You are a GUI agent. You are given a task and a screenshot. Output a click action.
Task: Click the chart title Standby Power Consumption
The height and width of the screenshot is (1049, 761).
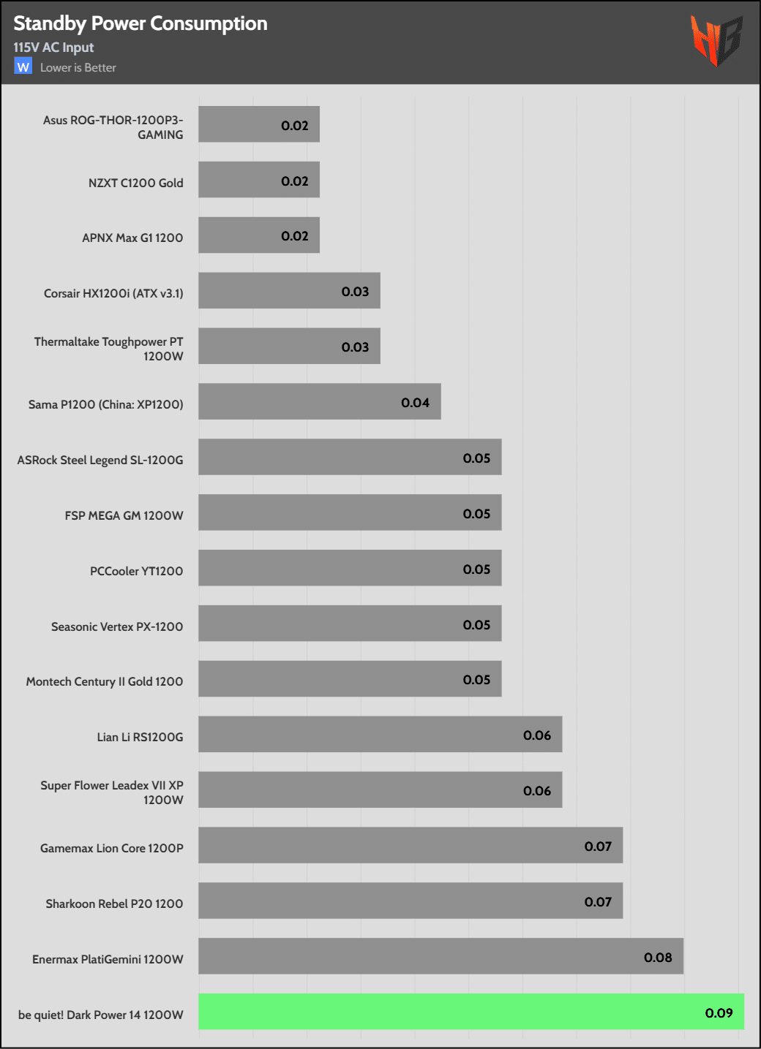pyautogui.click(x=140, y=23)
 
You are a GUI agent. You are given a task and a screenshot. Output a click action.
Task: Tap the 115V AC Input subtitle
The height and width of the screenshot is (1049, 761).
pyautogui.click(x=53, y=48)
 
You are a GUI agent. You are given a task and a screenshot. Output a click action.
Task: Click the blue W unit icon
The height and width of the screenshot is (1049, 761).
pyautogui.click(x=23, y=67)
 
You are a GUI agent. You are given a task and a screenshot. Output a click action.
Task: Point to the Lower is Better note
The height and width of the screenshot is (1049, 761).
pyautogui.click(x=78, y=67)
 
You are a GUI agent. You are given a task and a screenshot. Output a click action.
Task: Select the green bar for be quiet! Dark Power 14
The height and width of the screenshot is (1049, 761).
pyautogui.click(x=471, y=1012)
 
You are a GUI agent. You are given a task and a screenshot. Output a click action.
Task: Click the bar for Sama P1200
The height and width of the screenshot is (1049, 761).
pyautogui.click(x=319, y=401)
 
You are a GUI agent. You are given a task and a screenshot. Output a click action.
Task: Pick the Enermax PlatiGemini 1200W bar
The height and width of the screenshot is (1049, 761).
pyautogui.click(x=441, y=956)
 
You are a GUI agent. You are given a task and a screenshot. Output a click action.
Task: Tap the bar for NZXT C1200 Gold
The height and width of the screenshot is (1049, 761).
pyautogui.click(x=259, y=180)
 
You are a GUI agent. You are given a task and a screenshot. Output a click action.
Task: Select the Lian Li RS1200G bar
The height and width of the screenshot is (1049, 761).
pyautogui.click(x=380, y=734)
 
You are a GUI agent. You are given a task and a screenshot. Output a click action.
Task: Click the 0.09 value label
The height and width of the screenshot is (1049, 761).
pyautogui.click(x=719, y=1012)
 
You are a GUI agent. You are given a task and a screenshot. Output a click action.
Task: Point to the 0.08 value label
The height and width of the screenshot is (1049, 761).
pyautogui.click(x=658, y=957)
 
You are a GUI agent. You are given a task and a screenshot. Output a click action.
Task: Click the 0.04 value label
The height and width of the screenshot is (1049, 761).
pyautogui.click(x=415, y=402)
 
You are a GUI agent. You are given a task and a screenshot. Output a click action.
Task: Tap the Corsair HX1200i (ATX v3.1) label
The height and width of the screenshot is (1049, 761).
pyautogui.click(x=113, y=293)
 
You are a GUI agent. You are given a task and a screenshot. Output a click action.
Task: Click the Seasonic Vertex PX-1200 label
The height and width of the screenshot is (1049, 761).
pyautogui.click(x=117, y=626)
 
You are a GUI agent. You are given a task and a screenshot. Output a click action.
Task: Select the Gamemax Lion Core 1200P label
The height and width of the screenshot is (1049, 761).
pyautogui.click(x=112, y=848)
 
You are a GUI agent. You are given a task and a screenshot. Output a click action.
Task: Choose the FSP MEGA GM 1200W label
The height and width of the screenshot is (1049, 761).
pyautogui.click(x=124, y=515)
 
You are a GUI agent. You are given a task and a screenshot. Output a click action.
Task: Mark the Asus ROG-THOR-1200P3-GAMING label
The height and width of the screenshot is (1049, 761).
pyautogui.click(x=113, y=127)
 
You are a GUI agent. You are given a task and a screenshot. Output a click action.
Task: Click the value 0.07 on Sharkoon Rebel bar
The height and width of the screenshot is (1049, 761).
pyautogui.click(x=598, y=901)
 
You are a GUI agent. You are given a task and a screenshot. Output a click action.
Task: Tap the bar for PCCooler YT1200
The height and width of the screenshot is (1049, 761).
pyautogui.click(x=350, y=568)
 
